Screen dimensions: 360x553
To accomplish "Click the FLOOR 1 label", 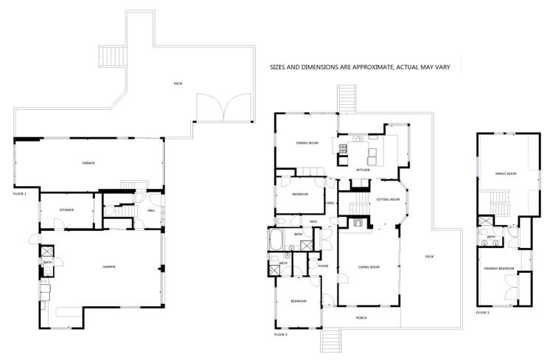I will point(20,193).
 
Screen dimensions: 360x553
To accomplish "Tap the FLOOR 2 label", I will point(281,334).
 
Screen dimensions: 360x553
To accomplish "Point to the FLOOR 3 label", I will point(482,313).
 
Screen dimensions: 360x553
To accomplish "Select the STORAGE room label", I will point(66,210).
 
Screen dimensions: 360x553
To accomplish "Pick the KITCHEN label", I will point(362,170).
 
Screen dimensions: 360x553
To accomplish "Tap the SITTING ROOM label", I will point(388,200).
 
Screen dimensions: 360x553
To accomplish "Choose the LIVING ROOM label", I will point(369,267).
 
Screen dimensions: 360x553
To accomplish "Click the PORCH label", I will point(361,318).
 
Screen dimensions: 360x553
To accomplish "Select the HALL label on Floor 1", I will point(150,211).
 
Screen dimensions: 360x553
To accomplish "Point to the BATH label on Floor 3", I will point(491,237).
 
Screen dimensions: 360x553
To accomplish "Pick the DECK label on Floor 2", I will point(428,256).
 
